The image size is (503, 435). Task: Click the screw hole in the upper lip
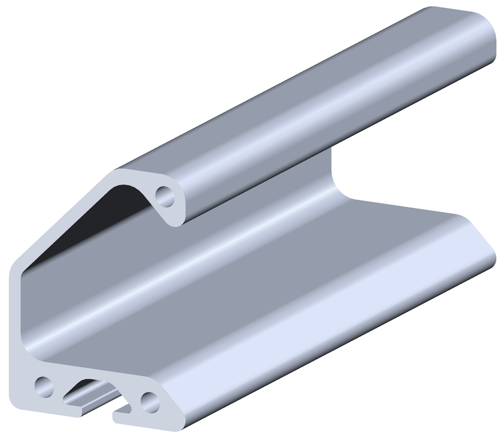tap(165, 196)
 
